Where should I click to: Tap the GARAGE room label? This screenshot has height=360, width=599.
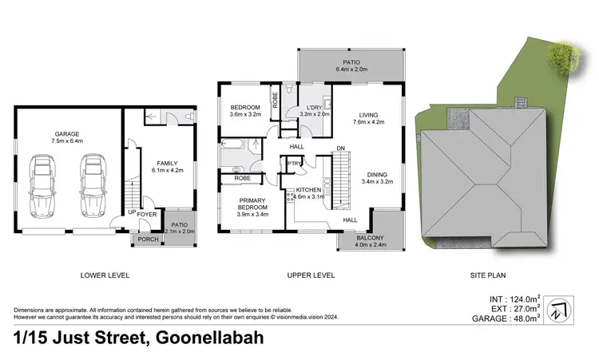point(67,133)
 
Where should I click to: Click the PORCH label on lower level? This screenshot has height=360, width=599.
point(148,239)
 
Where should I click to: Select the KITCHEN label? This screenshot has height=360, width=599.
point(307,189)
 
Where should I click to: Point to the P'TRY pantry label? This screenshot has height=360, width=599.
point(293,164)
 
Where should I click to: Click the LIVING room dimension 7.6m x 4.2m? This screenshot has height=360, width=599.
point(368,122)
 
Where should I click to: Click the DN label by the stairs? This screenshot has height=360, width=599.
point(340,148)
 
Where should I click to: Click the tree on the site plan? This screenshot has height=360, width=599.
point(563,54)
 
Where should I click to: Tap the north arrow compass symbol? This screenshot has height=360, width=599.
point(562,307)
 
